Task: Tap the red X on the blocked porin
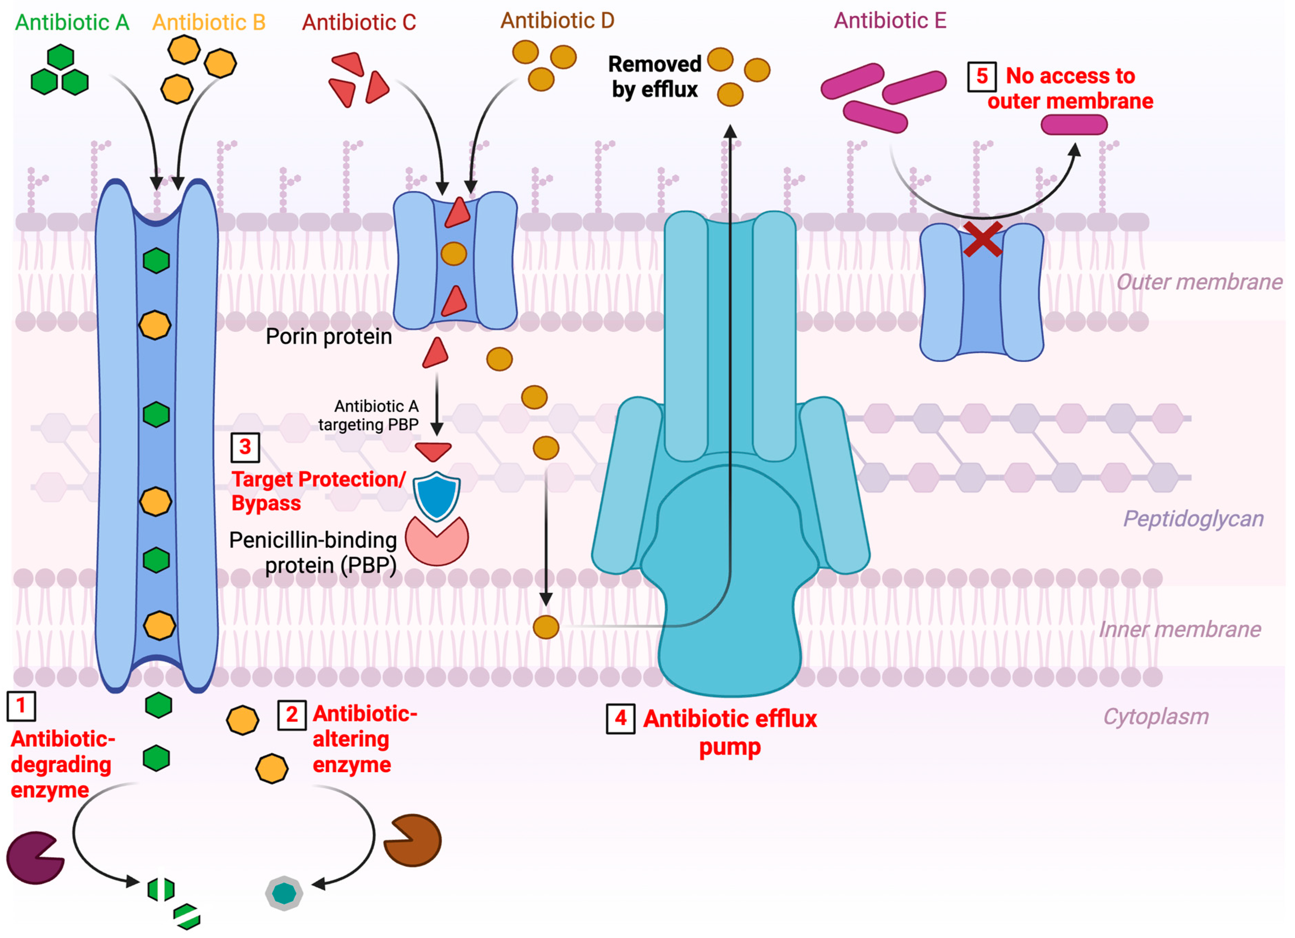[982, 239]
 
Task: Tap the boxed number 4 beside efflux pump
[620, 719]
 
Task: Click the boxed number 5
[982, 76]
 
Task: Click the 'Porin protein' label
[329, 337]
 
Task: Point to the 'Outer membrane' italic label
[1199, 282]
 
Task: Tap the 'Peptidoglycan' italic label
[1193, 519]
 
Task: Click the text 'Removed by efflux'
[654, 77]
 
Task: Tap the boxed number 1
[21, 706]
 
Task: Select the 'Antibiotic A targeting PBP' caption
[369, 415]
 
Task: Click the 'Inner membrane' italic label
[1180, 629]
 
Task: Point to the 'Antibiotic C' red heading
[359, 23]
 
